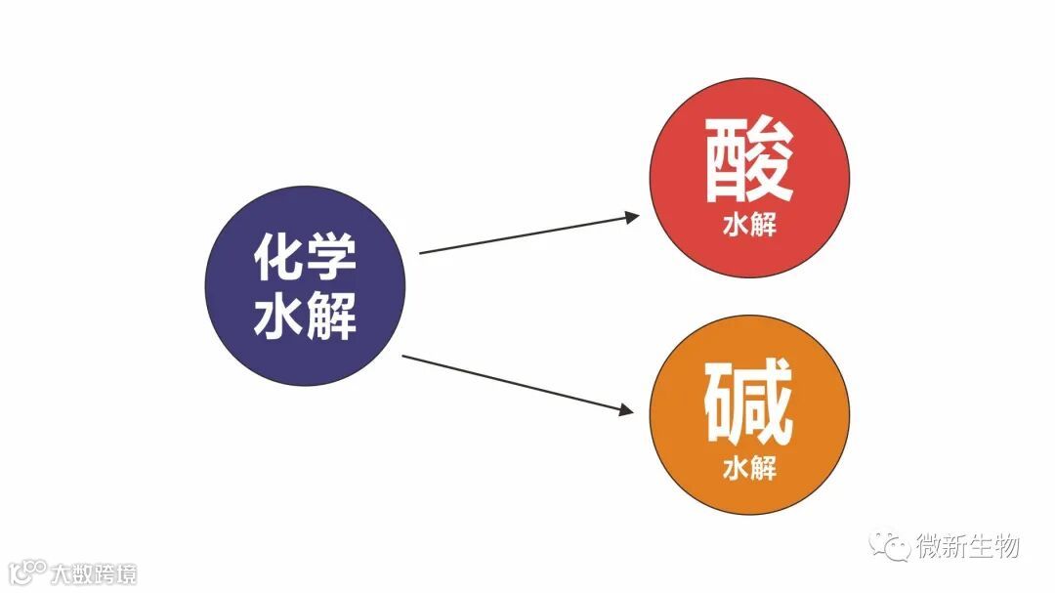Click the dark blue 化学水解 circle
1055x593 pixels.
(x=305, y=285)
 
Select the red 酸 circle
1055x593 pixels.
(x=749, y=178)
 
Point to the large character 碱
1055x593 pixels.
(x=749, y=402)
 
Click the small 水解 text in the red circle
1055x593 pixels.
(x=749, y=226)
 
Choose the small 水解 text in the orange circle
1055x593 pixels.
(x=749, y=467)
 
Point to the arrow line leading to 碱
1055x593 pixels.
(x=513, y=382)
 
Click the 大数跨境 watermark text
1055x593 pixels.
(x=95, y=572)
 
